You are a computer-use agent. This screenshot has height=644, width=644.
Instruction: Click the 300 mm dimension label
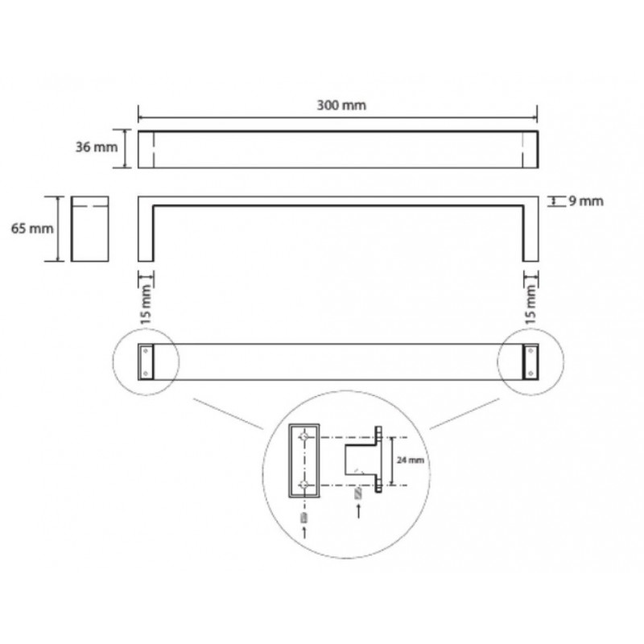coord(341,105)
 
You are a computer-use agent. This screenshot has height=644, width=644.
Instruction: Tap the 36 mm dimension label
coord(97,147)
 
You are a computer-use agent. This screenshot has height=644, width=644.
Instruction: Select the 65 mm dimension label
coord(32,229)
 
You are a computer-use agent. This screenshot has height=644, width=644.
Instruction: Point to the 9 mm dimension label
coord(586,201)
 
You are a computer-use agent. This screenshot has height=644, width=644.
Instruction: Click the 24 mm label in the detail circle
coord(411,460)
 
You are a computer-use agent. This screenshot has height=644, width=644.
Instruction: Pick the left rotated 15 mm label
coord(147,305)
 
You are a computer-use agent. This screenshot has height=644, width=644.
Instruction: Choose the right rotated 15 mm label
coord(530,305)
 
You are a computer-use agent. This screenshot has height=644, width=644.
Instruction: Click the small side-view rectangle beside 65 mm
coord(89,229)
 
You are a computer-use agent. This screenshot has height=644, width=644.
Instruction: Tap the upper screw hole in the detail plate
coord(304,437)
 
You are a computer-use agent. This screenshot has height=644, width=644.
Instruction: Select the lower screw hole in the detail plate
coord(304,485)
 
